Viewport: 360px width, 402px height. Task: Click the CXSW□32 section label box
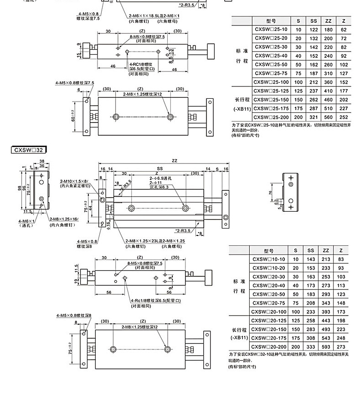click(30, 149)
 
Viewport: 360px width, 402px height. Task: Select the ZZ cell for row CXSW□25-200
click(328, 117)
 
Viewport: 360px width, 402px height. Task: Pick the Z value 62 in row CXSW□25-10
click(344, 30)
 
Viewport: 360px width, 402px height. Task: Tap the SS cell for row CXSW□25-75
click(313, 73)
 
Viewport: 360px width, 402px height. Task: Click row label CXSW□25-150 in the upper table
click(271, 100)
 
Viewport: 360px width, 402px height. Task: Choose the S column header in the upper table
click(298, 21)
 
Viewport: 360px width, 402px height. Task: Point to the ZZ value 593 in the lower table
click(325, 347)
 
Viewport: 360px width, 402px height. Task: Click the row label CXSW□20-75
click(270, 303)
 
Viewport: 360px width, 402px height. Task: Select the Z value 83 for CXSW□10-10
click(341, 259)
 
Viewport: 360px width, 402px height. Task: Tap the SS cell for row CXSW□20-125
click(311, 321)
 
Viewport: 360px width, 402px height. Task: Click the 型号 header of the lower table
click(270, 250)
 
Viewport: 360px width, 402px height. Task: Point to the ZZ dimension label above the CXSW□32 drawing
click(175, 160)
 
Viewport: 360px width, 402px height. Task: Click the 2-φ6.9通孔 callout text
click(159, 178)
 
